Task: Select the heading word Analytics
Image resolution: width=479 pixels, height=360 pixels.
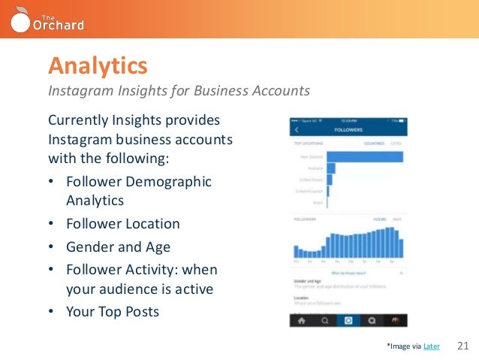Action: pos(98,66)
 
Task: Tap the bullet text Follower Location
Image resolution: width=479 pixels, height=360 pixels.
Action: pos(123,223)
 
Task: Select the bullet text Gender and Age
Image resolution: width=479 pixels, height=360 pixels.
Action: pos(118,247)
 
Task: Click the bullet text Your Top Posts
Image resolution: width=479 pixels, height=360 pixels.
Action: pos(113,311)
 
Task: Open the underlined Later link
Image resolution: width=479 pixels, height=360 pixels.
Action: pos(432,346)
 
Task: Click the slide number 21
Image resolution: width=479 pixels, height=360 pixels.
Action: pos(462,346)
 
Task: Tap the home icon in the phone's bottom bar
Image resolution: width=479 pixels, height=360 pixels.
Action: pos(301,319)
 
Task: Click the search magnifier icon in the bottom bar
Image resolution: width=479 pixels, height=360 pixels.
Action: pos(324,319)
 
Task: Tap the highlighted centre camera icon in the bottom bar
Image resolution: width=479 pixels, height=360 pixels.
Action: pos(348,319)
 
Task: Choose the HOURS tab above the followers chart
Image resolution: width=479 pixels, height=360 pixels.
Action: pos(380,219)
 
